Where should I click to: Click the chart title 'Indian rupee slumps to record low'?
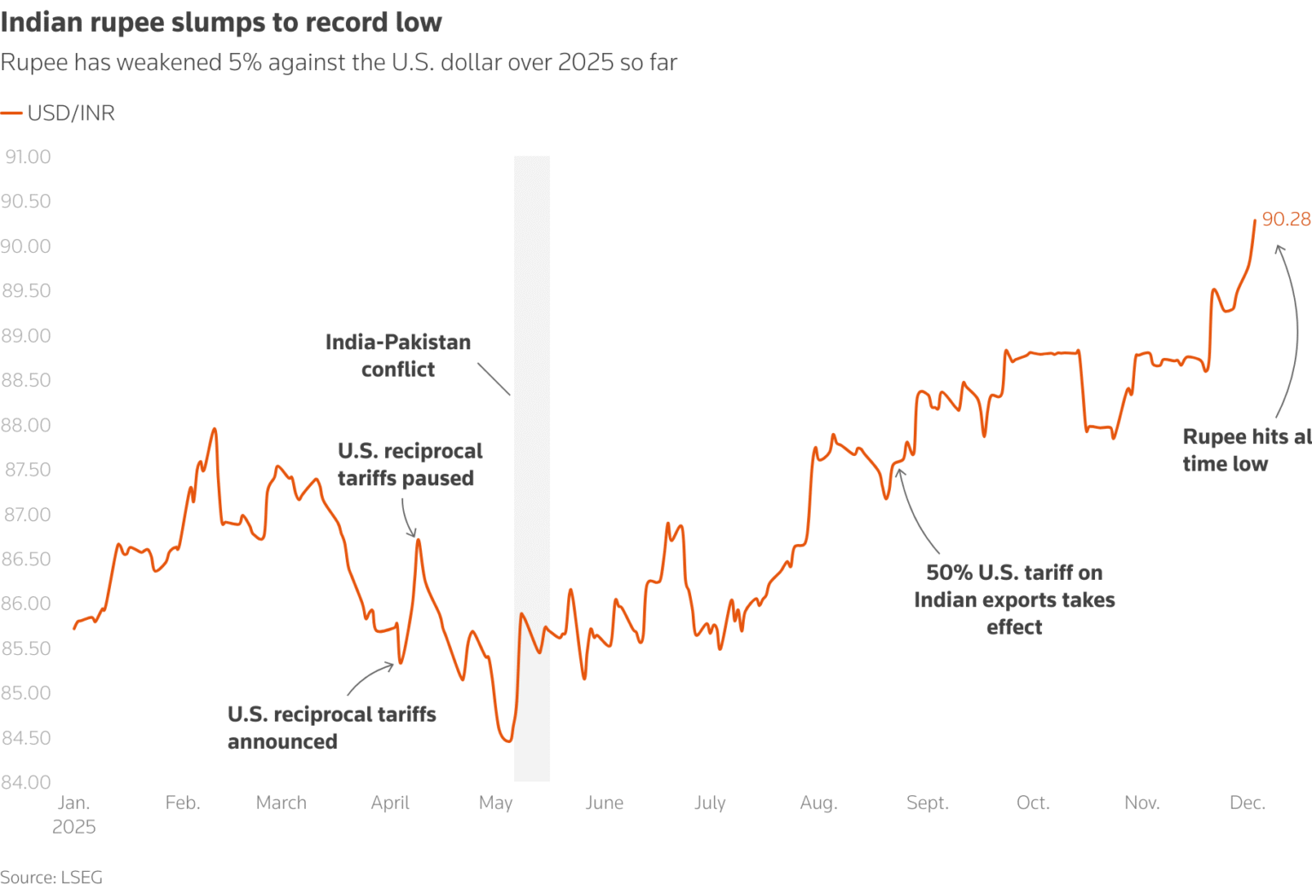221,22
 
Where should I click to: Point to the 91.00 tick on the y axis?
27,157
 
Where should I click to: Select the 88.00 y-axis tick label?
26,424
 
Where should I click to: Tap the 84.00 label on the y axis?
26,782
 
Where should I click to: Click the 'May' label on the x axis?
495,803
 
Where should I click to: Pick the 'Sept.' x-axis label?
927,803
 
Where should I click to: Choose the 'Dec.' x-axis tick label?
1248,803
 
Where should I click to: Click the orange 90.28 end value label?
1286,219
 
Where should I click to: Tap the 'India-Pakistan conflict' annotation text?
398,355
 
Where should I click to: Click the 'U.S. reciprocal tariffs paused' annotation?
410,465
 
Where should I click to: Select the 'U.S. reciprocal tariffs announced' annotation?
332,728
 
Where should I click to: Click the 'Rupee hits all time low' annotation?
1247,450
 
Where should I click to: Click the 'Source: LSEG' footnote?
51,877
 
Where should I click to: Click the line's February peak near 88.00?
215,430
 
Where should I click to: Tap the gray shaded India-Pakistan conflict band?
532,469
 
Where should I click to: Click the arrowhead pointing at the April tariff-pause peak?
413,534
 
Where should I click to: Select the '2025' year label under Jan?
73,827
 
